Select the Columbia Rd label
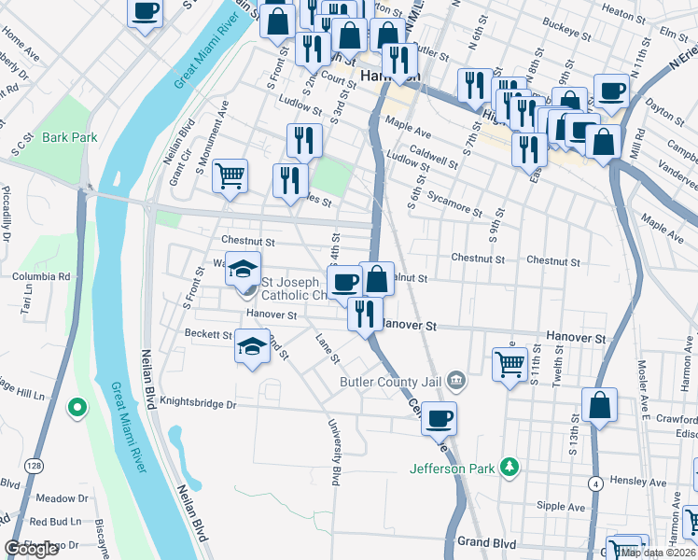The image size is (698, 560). tap(41, 276)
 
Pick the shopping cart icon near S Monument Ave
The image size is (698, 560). tap(230, 175)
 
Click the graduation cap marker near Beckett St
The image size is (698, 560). tap(251, 346)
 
